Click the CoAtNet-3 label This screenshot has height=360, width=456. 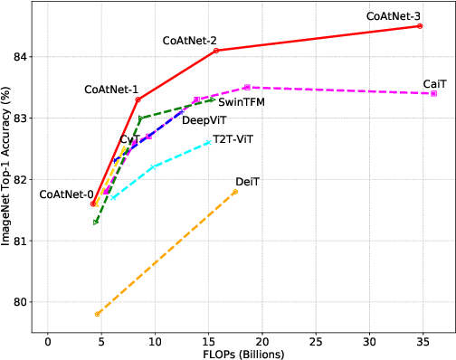click(x=394, y=15)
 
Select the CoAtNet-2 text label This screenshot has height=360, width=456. click(x=189, y=41)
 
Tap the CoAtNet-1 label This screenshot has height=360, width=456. click(x=111, y=90)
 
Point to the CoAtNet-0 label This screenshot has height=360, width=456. click(x=66, y=194)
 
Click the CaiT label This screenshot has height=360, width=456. click(x=434, y=84)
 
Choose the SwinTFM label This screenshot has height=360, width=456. click(x=240, y=103)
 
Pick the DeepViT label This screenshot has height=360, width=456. click(x=204, y=120)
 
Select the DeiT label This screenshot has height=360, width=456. click(x=247, y=182)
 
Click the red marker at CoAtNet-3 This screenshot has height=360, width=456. click(x=420, y=25)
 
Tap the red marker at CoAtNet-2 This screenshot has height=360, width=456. click(x=216, y=51)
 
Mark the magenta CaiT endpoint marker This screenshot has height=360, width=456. click(x=434, y=93)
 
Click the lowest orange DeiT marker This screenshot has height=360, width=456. click(x=97, y=314)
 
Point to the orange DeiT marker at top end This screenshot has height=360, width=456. click(x=235, y=192)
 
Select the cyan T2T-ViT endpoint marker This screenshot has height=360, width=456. click(x=208, y=142)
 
